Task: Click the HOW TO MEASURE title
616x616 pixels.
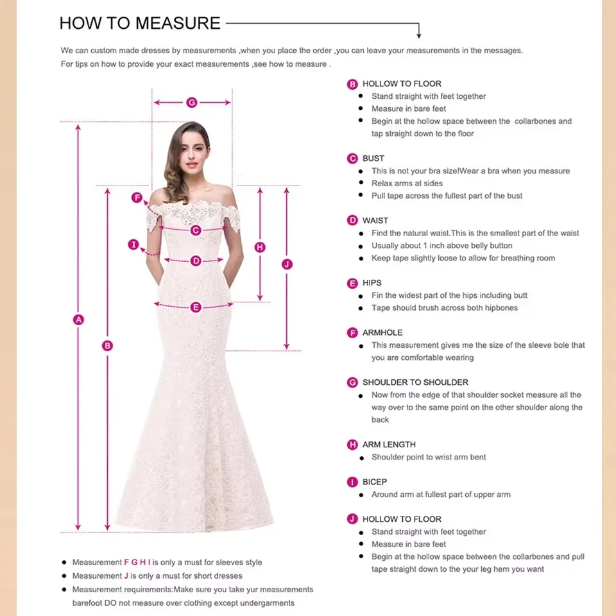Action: pos(140,23)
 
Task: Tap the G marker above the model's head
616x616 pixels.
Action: pos(191,103)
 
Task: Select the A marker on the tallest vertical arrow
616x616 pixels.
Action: pos(78,320)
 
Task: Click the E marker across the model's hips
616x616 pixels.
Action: pos(196,307)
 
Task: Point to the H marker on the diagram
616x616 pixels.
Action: pos(260,247)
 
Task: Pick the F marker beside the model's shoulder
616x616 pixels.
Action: pos(137,198)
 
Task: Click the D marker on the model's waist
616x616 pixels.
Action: pos(196,261)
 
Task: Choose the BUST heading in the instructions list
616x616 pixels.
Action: pos(373,158)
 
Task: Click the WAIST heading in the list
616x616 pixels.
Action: pos(375,221)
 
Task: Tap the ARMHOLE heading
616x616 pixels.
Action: pos(382,332)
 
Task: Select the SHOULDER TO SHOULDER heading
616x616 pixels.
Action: pos(415,382)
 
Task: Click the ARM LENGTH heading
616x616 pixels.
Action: pos(389,445)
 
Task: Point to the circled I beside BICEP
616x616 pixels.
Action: pos(352,482)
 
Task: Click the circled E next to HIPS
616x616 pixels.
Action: pos(352,283)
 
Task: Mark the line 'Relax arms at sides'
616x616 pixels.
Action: pos(407,184)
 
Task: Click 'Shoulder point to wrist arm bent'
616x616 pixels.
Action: pos(429,458)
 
